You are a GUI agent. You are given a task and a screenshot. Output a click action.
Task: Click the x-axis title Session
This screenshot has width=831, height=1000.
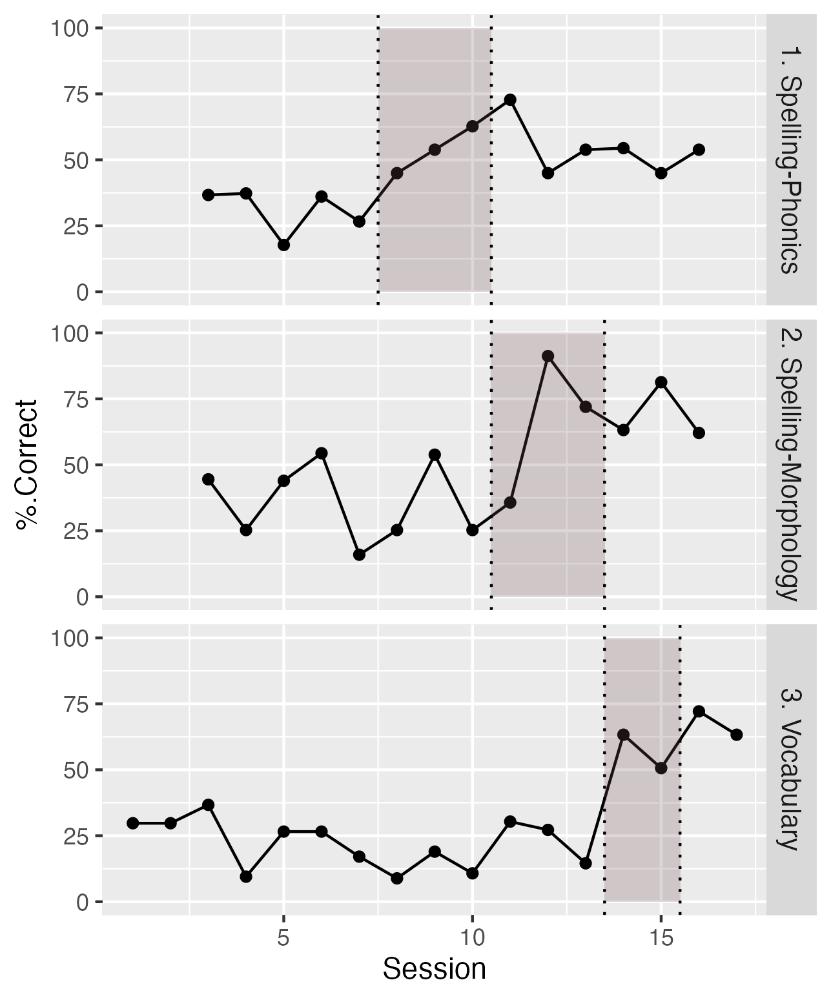(434, 969)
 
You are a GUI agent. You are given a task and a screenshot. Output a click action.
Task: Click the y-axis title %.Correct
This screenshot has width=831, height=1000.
(28, 465)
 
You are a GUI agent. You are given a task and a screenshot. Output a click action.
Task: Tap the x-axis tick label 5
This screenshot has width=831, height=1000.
(283, 938)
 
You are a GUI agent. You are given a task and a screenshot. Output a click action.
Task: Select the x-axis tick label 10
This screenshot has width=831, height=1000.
(472, 938)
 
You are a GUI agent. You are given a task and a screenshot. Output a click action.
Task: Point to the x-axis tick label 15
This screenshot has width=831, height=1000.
(661, 938)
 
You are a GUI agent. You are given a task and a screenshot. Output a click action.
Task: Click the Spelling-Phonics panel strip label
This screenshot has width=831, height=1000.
(790, 159)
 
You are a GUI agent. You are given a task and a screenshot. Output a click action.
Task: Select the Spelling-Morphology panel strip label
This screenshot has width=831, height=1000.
(790, 464)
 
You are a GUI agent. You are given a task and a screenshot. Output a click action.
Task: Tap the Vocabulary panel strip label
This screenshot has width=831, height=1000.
(790, 769)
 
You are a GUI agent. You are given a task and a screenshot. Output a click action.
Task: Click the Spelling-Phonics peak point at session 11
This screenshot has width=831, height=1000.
(510, 99)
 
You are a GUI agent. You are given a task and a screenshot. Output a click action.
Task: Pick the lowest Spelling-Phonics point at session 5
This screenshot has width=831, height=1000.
(283, 245)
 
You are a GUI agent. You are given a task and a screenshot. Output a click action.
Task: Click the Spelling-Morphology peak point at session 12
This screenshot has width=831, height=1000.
(548, 356)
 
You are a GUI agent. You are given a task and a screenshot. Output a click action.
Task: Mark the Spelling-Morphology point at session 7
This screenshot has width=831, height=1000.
(359, 555)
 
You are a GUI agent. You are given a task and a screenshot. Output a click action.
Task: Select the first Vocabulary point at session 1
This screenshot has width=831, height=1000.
(133, 823)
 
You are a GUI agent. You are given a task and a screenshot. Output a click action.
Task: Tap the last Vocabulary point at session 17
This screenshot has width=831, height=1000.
(736, 735)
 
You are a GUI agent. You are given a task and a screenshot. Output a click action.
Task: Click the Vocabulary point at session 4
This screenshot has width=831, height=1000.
(246, 877)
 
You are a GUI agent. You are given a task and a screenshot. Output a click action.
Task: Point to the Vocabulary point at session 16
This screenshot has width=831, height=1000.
(699, 711)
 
